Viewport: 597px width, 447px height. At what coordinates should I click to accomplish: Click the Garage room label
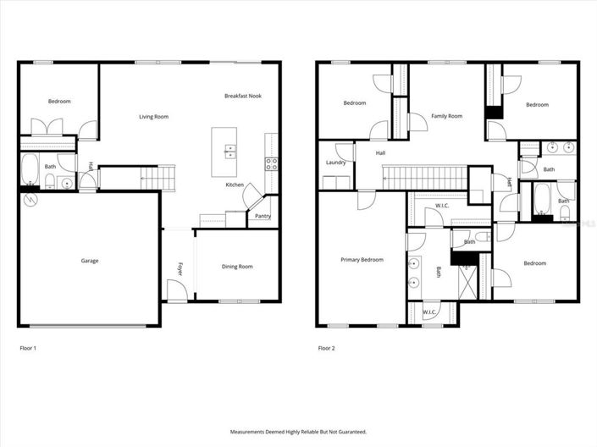90,261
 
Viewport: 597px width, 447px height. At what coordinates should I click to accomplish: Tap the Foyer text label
180,269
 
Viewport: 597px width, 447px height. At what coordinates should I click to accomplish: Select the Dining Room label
237,267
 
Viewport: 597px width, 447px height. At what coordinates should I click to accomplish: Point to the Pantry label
263,217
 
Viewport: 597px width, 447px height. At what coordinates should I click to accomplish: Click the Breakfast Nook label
243,96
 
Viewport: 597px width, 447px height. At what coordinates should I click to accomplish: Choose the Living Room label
154,116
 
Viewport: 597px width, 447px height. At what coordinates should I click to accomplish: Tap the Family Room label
446,116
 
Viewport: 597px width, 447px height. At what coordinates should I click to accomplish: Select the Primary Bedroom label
362,260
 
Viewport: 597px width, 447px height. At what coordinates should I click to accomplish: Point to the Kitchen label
235,185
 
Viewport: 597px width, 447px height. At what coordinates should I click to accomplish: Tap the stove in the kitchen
271,163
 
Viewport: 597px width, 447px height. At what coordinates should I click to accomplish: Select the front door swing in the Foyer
176,292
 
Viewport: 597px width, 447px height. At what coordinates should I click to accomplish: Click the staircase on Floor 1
158,179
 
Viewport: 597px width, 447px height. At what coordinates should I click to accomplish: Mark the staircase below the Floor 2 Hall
423,178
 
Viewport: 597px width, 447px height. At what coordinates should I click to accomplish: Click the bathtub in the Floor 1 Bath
29,169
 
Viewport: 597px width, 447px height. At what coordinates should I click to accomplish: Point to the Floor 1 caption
28,348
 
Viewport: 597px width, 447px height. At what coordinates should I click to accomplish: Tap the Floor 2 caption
327,348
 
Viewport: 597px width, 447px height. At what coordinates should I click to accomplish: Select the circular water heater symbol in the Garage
31,200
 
